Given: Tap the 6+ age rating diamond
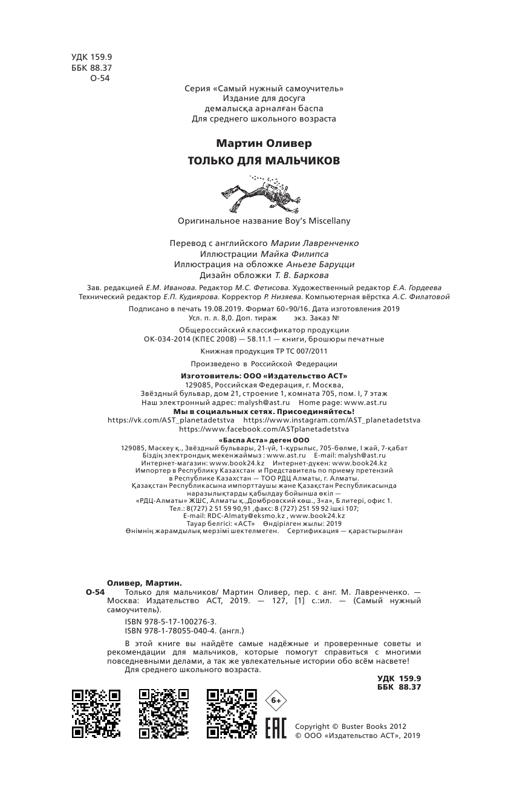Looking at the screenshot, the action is tap(276, 700).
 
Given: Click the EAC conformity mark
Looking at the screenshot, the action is tap(276, 730).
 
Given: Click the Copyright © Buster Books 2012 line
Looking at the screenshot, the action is tap(351, 727).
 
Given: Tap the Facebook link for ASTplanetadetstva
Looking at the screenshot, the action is tap(264, 429).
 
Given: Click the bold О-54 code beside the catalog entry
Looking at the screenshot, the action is tap(96, 593).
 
